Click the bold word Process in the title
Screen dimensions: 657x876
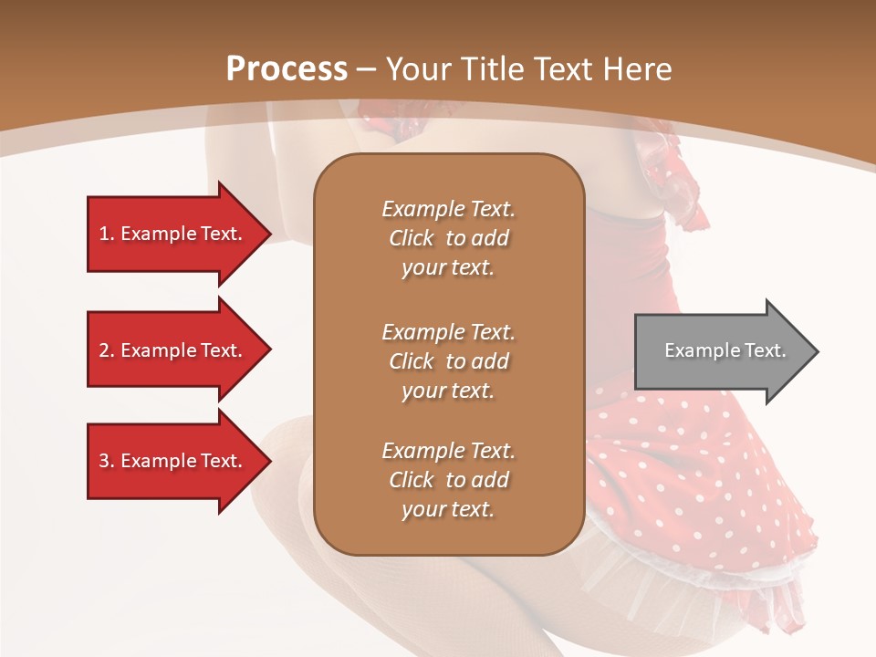pos(287,69)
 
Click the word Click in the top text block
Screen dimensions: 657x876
pos(412,238)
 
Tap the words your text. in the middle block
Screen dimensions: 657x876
pos(448,391)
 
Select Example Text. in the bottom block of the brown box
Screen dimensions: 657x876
pos(448,451)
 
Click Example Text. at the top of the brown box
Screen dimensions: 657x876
pos(448,209)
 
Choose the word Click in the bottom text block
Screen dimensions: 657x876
pos(412,480)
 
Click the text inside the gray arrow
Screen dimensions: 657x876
pos(725,350)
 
